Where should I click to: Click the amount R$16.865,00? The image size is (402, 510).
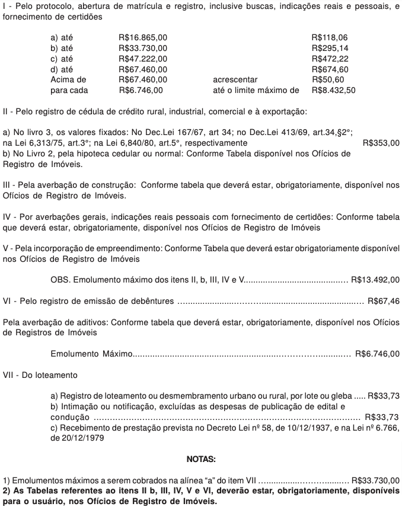tap(143, 37)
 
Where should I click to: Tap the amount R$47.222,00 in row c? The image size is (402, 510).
tap(143, 58)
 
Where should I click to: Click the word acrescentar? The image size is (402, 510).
tap(235, 79)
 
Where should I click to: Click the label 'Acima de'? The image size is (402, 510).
tap(69, 79)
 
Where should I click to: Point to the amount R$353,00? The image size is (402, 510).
tap(380, 143)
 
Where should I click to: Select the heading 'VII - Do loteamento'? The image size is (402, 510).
tap(40, 375)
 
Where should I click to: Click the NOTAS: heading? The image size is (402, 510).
tap(201, 458)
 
